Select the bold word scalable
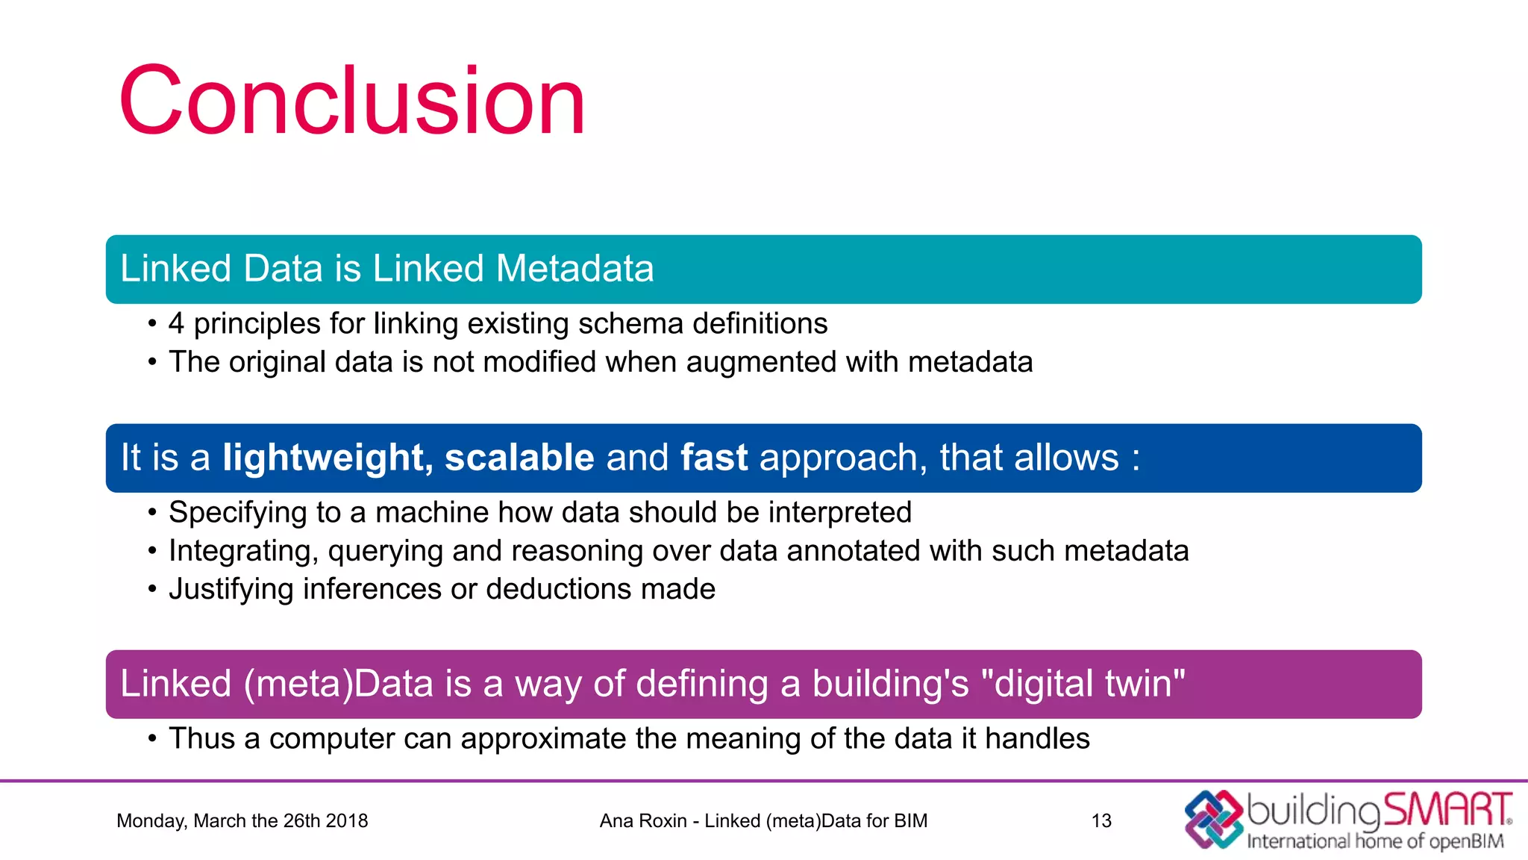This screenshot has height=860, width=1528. (x=519, y=458)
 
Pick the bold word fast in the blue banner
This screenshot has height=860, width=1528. (x=714, y=458)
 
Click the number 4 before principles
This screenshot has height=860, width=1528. (x=176, y=324)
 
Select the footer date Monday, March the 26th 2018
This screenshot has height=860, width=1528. (x=242, y=821)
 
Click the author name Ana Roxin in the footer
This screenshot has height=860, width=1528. (x=642, y=821)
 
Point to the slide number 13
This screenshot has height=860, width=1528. (x=1101, y=821)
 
